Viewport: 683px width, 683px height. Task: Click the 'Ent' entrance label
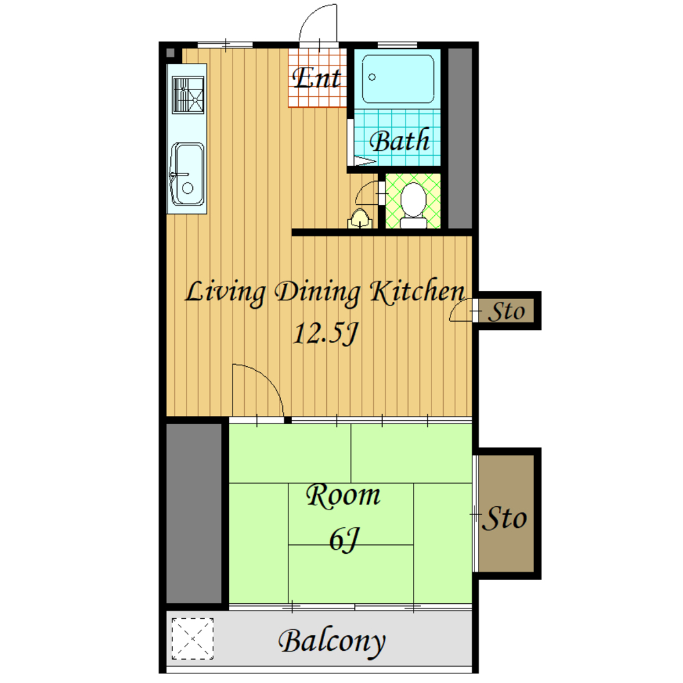[x=317, y=78]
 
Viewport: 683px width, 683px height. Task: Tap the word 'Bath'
[x=399, y=141]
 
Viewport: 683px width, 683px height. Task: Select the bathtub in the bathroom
[x=398, y=79]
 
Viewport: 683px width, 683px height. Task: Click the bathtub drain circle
[x=372, y=77]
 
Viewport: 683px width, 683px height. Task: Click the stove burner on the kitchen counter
[x=188, y=95]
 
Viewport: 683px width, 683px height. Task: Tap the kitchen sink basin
[x=187, y=174]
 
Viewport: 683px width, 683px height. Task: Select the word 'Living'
[x=226, y=292]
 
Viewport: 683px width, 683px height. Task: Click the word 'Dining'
[x=318, y=292]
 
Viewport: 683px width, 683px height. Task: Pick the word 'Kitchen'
[x=417, y=290]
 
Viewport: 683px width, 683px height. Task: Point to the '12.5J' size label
[x=326, y=334]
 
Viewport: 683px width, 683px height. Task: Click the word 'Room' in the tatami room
[x=343, y=495]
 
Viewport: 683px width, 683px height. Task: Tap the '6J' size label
[x=344, y=540]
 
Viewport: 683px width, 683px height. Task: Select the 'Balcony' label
[x=332, y=641]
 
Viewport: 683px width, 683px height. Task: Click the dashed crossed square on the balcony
[x=192, y=639]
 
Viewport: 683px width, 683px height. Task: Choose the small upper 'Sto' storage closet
[x=507, y=311]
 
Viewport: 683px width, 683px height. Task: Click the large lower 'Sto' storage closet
[x=507, y=513]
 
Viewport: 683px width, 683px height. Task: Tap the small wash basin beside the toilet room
[x=360, y=219]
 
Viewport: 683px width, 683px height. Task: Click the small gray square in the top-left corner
[x=170, y=53]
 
